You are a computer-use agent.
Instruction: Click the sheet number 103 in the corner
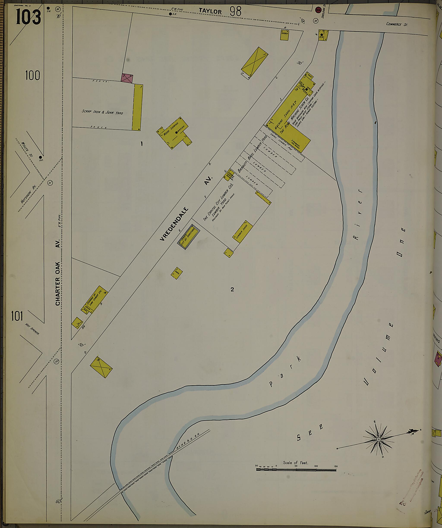[x=28, y=17]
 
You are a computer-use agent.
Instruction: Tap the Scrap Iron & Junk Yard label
[x=102, y=112]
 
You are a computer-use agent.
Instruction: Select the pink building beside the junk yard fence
[x=127, y=78]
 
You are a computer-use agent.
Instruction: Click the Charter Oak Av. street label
[x=58, y=271]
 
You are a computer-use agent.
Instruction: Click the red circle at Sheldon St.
[x=318, y=10]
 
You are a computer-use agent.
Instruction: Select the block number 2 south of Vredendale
[x=232, y=289]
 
